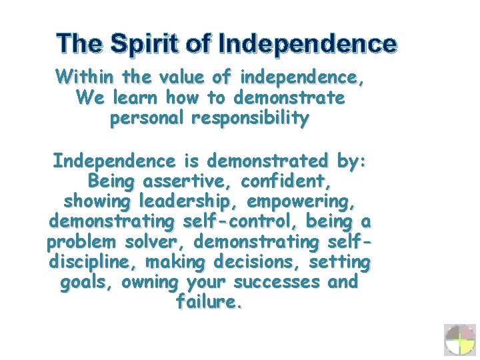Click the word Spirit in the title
tap(145, 44)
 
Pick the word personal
tap(147, 120)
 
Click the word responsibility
tap(250, 120)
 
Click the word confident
tap(285, 181)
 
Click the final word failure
tap(209, 302)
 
